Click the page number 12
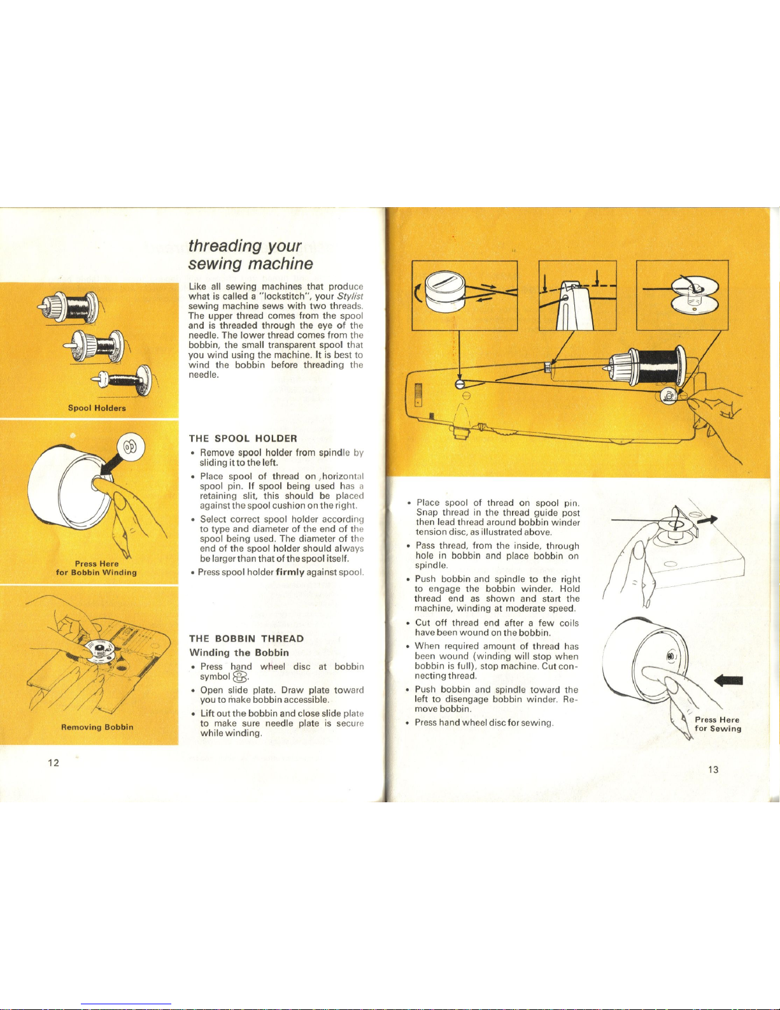point(53,763)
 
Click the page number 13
point(713,770)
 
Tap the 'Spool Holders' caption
point(97,408)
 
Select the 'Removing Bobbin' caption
point(97,727)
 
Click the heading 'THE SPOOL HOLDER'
point(243,438)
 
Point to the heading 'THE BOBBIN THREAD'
point(246,638)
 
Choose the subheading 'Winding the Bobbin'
point(239,653)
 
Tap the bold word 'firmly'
point(290,572)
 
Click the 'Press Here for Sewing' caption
point(718,724)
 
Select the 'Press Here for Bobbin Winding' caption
point(97,568)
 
